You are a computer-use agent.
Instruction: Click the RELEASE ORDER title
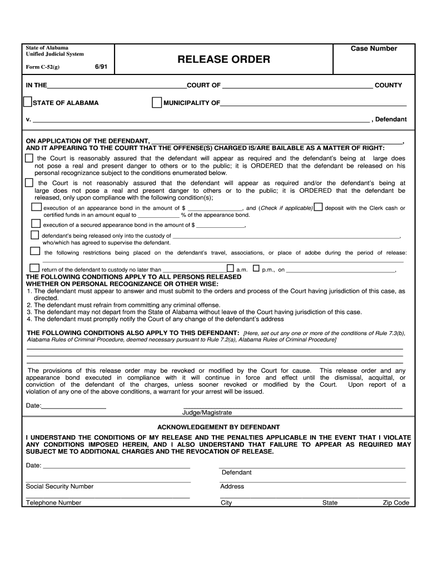pos(224,59)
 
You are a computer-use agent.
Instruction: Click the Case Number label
pos(374,49)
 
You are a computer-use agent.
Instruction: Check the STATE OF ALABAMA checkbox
pos(27,102)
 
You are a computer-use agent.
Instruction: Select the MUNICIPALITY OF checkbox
pos(157,102)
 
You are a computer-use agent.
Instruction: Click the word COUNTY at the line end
pos(388,86)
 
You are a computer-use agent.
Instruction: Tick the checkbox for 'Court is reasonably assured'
pos(29,158)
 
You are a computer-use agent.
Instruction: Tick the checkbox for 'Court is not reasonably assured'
pos(29,182)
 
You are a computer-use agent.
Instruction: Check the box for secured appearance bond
pos(36,224)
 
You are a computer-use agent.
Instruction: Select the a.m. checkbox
pos(230,268)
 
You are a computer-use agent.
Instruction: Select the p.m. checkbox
pos(256,268)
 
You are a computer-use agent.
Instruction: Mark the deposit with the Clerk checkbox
pos(318,207)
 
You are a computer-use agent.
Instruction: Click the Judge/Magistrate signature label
pos(207,413)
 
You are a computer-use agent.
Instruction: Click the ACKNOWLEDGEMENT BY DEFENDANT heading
pos(218,427)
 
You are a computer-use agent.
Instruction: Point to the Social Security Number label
pos(59,487)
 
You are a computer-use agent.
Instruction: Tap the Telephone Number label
pos(53,503)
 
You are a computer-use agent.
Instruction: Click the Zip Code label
pos(395,503)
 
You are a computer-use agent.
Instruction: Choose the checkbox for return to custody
pos(36,268)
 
